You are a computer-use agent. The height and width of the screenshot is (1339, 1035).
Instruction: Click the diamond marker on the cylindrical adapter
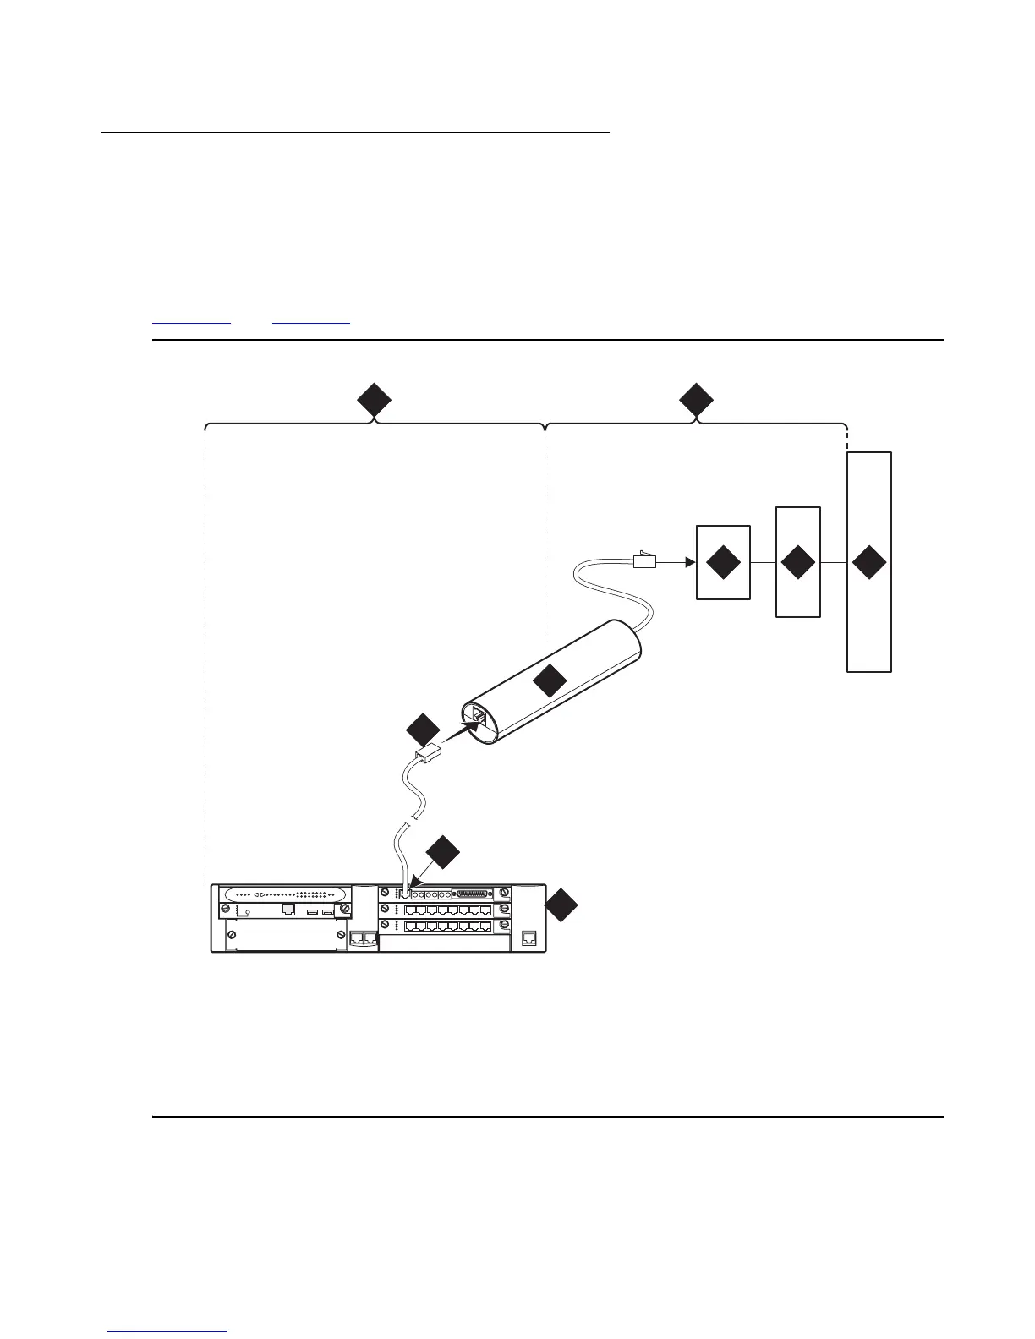pos(550,680)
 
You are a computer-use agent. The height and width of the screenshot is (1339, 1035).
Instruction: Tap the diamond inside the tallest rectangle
pos(869,563)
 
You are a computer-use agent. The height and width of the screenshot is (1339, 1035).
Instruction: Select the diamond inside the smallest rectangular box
pos(722,563)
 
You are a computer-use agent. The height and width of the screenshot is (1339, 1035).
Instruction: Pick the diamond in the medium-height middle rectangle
pos(797,563)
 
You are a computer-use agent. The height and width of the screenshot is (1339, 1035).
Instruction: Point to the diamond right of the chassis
pos(562,906)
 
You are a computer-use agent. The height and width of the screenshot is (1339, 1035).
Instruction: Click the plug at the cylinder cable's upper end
pos(645,559)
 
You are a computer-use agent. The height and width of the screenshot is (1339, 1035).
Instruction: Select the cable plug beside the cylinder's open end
pos(428,756)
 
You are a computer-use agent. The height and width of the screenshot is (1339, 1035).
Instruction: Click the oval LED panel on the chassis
pos(282,894)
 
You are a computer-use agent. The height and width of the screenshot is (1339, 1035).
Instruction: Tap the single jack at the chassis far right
pos(529,937)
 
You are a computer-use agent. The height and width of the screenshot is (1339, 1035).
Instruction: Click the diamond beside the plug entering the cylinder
pos(423,730)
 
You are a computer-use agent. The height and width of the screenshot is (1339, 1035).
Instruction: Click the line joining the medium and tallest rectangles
pos(834,563)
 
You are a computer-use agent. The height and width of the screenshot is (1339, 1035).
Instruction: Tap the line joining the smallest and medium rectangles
pos(763,563)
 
